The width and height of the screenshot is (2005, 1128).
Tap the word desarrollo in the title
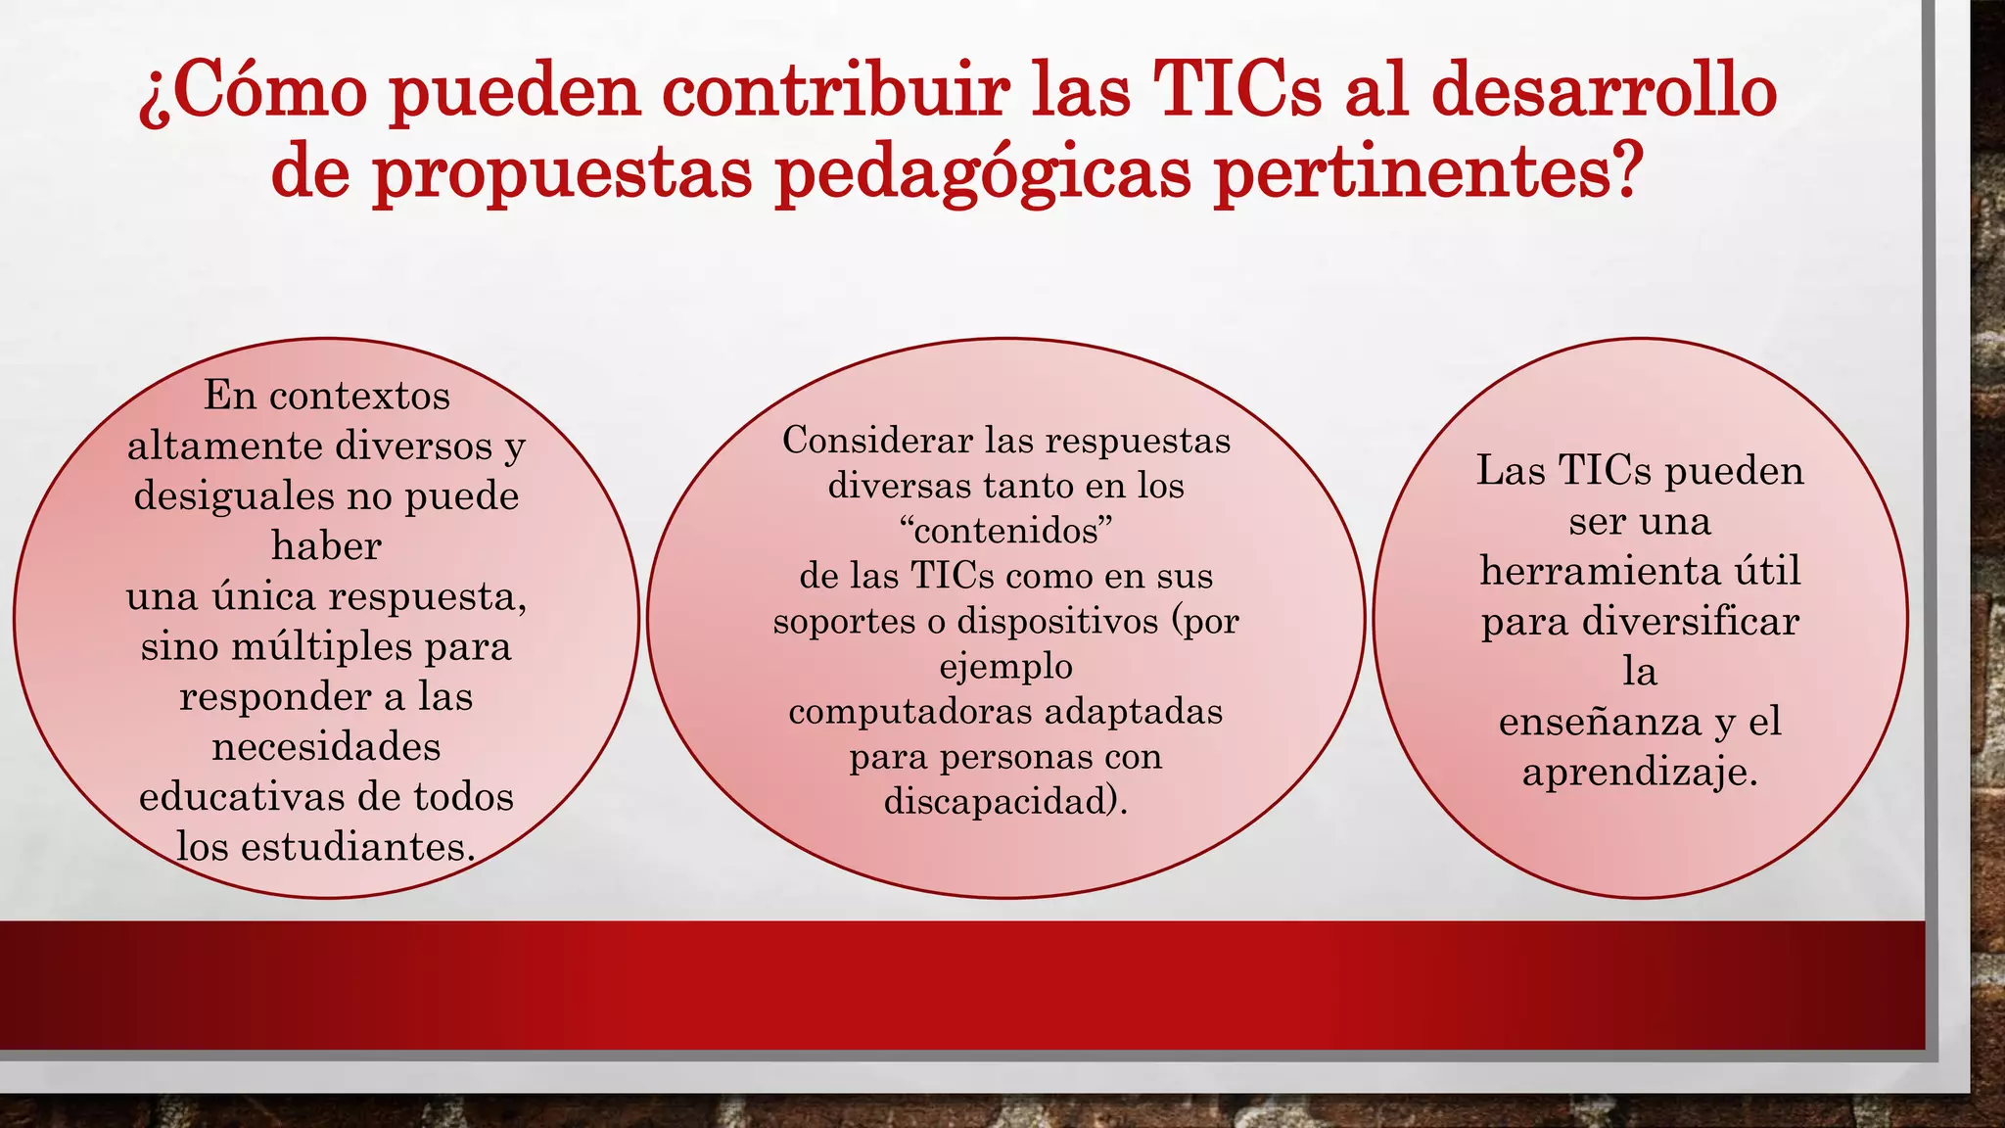[1604, 91]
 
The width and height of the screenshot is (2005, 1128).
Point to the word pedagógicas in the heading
[983, 171]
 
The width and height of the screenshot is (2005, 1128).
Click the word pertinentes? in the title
[1426, 171]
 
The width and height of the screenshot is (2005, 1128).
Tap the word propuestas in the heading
[563, 171]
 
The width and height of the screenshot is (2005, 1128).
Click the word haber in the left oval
[326, 546]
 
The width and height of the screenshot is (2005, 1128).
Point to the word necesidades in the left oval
[326, 747]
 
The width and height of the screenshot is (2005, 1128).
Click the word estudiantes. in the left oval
[358, 847]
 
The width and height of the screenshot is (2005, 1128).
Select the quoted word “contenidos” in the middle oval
[1005, 531]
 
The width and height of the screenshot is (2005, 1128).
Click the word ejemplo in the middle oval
[1005, 667]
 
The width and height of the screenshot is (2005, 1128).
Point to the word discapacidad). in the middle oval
[1005, 802]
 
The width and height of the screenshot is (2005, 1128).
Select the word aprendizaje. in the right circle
[1640, 773]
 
